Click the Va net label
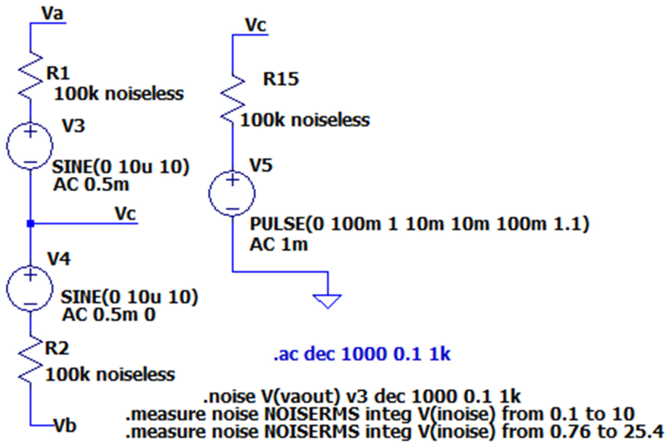(52, 14)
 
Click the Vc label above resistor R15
(255, 26)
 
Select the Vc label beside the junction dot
(125, 214)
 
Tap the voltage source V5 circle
(232, 194)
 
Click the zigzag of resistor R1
(30, 76)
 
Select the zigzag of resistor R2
(30, 360)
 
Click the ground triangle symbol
(328, 301)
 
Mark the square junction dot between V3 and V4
(30, 223)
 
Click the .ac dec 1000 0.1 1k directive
(362, 354)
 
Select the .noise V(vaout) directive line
(362, 396)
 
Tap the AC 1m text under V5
(279, 245)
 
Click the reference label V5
(261, 165)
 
